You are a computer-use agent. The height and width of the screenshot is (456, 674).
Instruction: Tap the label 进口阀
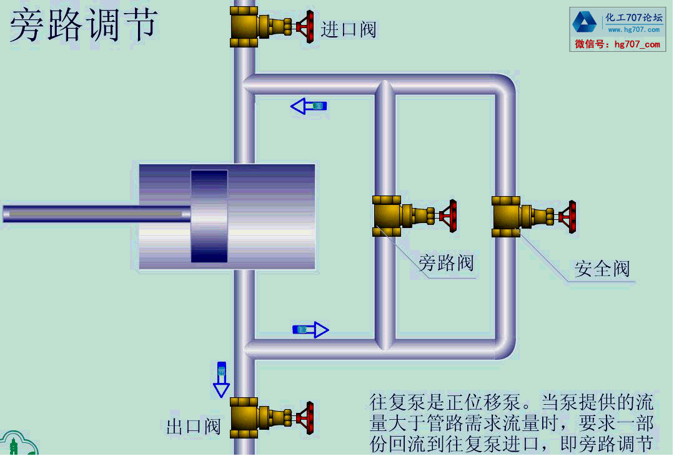click(x=349, y=29)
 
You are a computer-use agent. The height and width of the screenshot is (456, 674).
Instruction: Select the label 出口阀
click(x=194, y=427)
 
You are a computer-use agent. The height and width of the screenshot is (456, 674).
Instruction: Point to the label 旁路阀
click(x=446, y=263)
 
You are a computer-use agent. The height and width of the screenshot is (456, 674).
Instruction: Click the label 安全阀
click(x=602, y=269)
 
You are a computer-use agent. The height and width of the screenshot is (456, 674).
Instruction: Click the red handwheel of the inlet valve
click(x=306, y=26)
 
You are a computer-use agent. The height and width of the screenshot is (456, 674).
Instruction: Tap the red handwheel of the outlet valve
click(x=306, y=418)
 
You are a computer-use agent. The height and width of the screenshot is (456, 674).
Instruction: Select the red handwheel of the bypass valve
click(x=449, y=216)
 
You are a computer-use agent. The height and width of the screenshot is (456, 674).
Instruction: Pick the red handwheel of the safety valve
click(x=568, y=217)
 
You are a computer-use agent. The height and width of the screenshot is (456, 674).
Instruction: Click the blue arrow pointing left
click(x=309, y=106)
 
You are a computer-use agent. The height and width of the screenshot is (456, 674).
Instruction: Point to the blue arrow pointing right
click(x=310, y=329)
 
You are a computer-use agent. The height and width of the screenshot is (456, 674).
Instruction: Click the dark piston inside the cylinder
click(x=209, y=216)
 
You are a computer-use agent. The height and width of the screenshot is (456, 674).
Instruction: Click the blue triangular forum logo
click(x=585, y=22)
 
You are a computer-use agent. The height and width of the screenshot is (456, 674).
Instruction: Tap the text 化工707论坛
click(x=633, y=17)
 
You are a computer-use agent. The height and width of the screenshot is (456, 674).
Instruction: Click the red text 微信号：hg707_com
click(x=617, y=44)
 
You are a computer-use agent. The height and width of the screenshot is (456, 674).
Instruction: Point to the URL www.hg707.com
click(x=633, y=29)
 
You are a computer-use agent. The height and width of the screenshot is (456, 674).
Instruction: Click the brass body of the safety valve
click(x=507, y=217)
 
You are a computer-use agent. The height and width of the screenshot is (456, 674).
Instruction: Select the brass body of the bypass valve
click(x=388, y=216)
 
